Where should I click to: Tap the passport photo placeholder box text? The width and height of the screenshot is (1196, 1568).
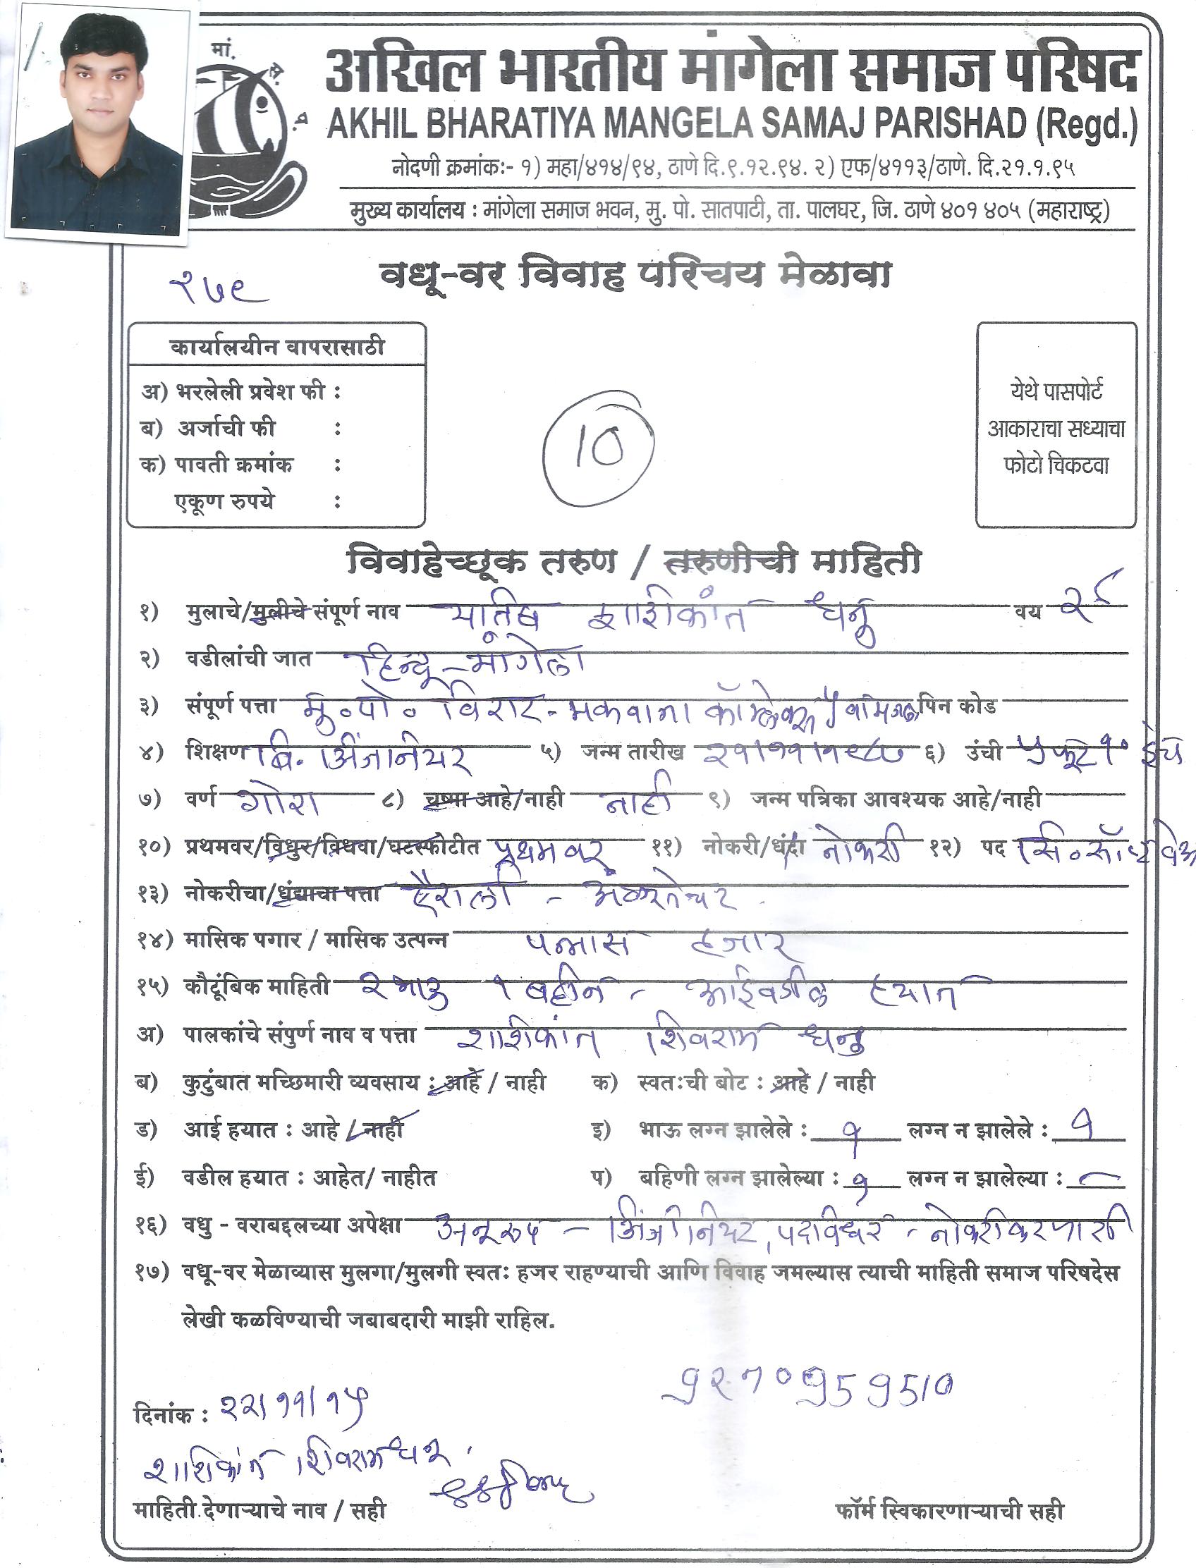[1056, 429]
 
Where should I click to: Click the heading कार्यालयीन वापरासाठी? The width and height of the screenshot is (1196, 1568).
[277, 348]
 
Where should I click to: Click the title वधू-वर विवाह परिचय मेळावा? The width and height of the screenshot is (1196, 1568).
[634, 276]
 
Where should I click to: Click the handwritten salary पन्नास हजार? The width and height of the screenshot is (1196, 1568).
[655, 945]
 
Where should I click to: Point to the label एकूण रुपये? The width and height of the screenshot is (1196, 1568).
[224, 502]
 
